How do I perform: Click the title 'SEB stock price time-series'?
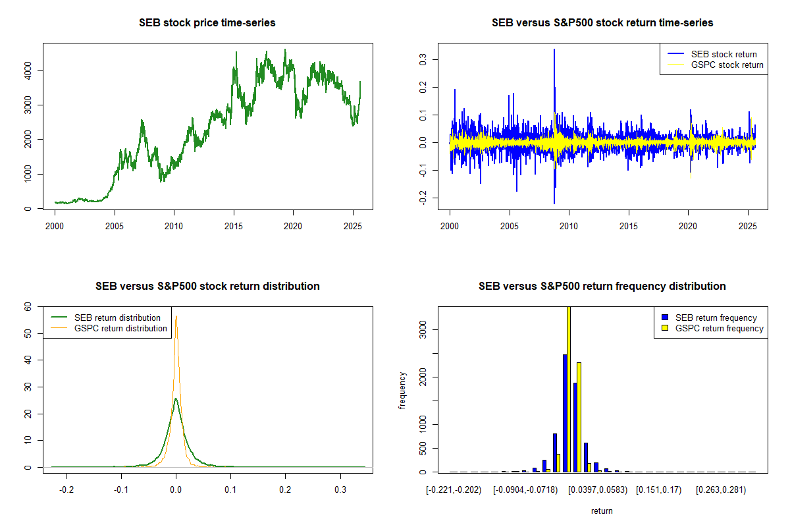(x=207, y=23)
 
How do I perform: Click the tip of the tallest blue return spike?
(x=554, y=49)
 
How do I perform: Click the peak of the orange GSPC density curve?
(x=176, y=316)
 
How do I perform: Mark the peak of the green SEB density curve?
(x=176, y=399)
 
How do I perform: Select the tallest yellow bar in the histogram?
(x=569, y=389)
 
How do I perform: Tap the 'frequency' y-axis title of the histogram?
(x=402, y=390)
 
